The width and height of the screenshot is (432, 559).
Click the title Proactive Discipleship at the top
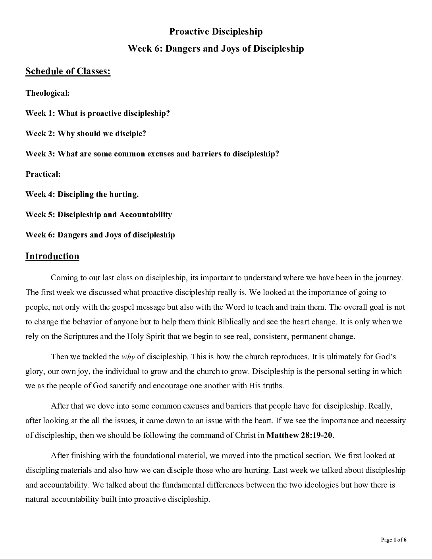(216, 31)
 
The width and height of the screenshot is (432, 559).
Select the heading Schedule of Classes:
(68, 71)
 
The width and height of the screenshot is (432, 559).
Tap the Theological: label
(48, 93)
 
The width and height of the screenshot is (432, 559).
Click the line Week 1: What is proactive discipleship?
(98, 114)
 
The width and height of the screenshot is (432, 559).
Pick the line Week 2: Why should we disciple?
(86, 134)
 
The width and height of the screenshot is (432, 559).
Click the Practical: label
(43, 174)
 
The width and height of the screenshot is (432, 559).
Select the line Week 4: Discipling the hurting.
(82, 195)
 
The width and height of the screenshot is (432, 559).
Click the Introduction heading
(52, 256)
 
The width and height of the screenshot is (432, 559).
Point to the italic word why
(128, 357)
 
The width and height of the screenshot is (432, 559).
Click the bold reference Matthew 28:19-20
(299, 435)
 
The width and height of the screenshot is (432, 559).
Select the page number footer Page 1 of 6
(393, 540)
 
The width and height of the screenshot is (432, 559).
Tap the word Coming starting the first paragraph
(64, 278)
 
